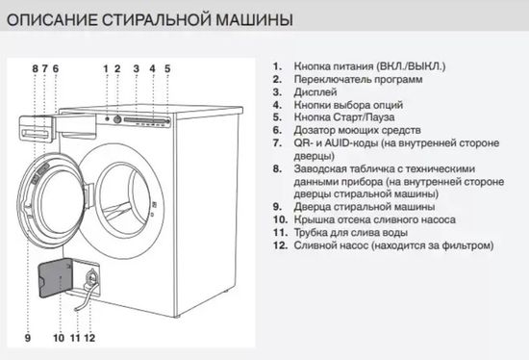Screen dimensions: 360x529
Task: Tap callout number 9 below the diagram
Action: click(27, 338)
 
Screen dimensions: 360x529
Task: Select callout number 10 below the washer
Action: click(59, 338)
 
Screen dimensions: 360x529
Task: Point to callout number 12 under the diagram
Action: click(89, 338)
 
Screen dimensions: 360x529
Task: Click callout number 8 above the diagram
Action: click(35, 68)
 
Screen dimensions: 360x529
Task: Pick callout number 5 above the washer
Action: click(166, 68)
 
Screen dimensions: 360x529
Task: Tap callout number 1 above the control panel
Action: click(106, 68)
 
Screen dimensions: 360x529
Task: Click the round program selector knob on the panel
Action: click(119, 119)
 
